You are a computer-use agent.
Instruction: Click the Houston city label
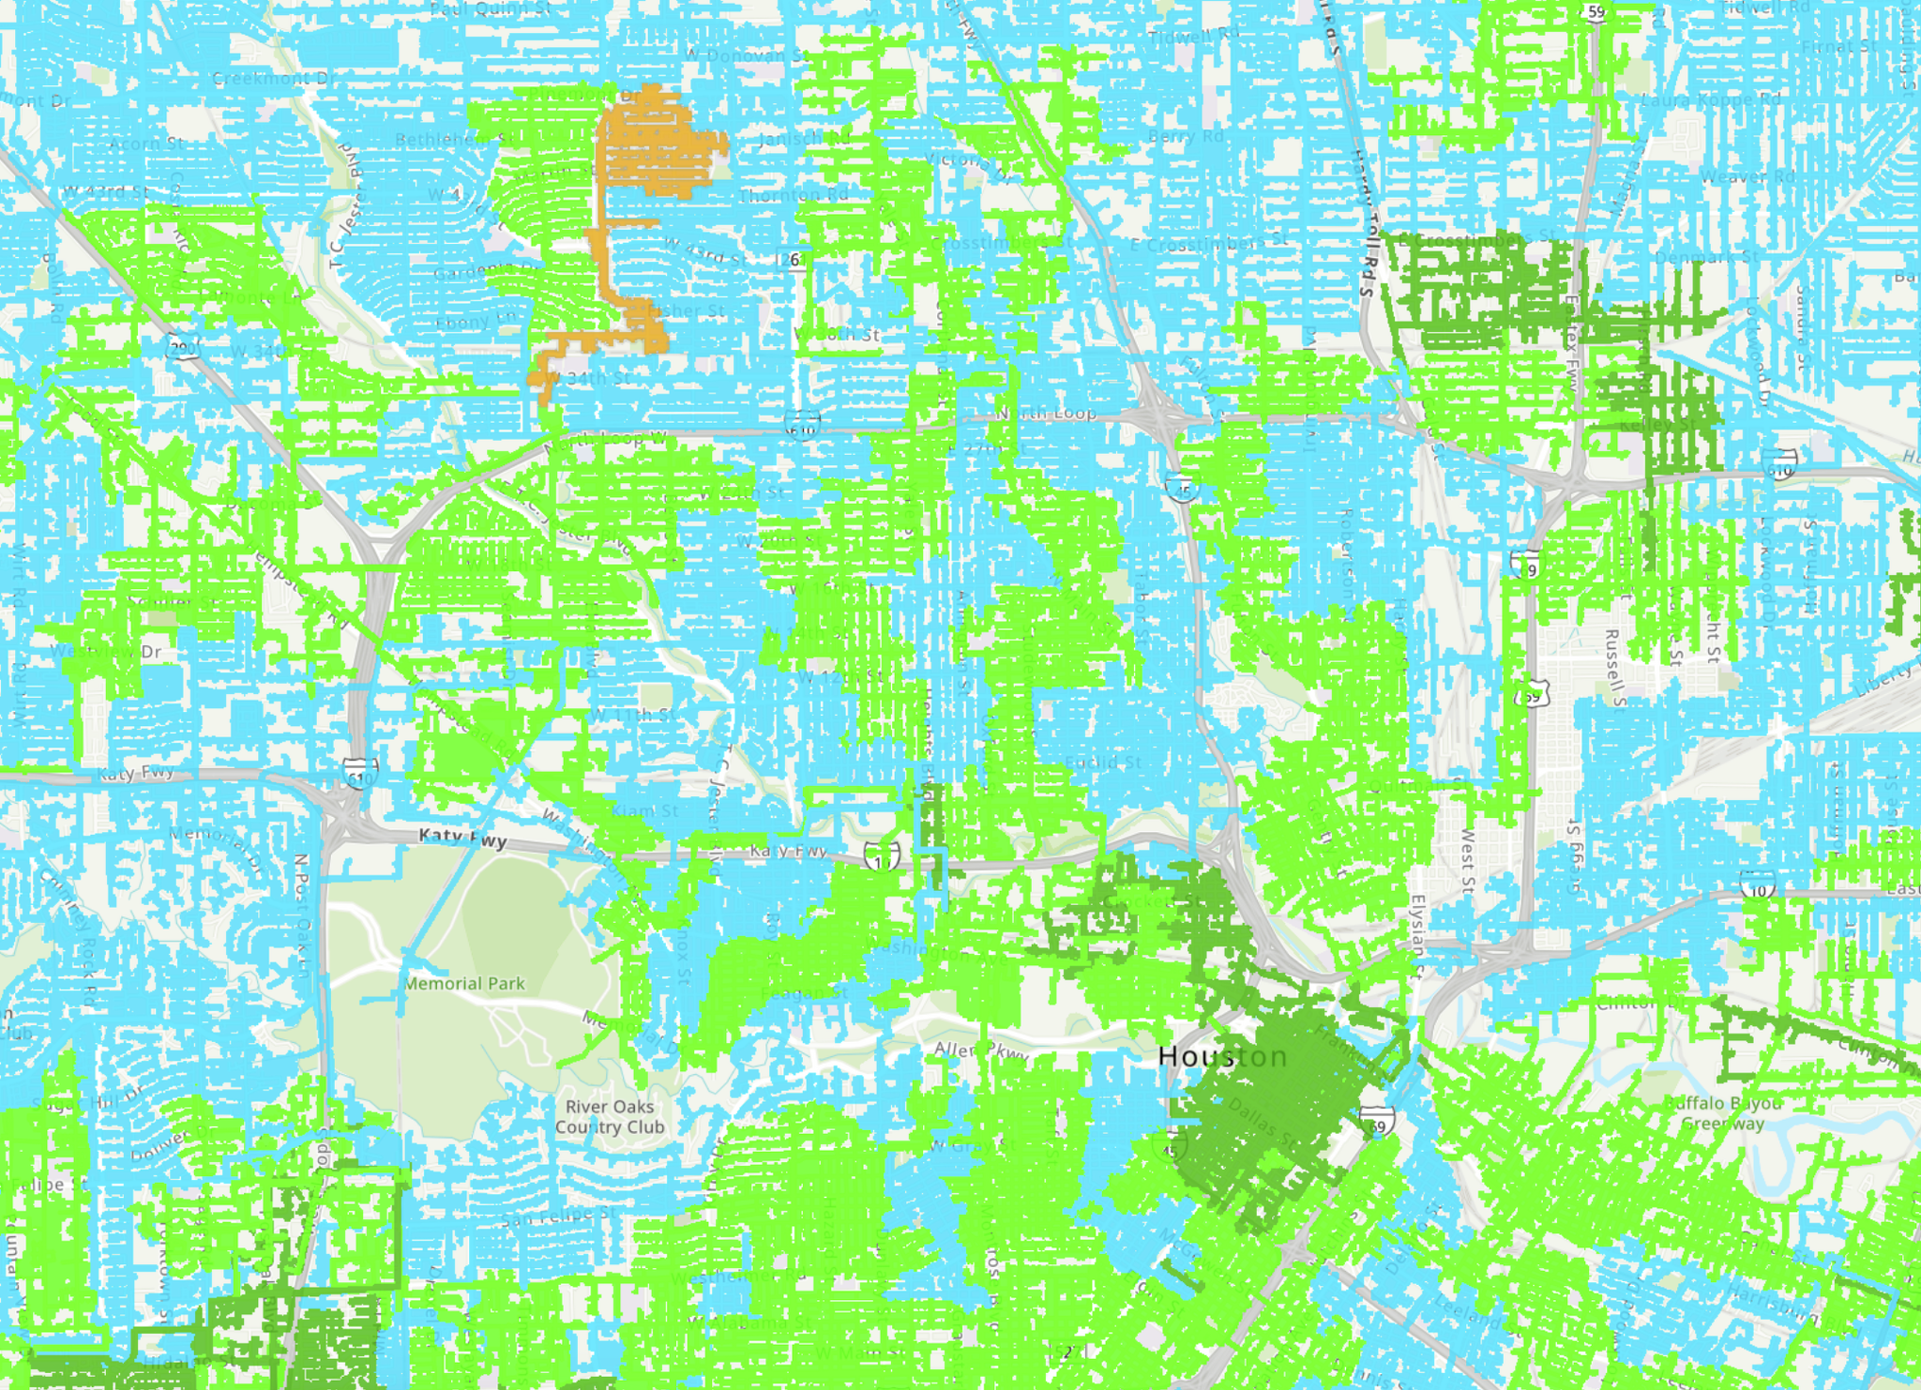(1223, 1056)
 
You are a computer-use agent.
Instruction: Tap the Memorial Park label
(465, 984)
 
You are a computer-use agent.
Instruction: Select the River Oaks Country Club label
(610, 1117)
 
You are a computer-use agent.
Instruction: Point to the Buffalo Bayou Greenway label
(1723, 1113)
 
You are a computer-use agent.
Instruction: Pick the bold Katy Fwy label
(463, 837)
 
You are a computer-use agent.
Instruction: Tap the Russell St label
(1613, 667)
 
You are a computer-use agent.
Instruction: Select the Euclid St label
(1103, 763)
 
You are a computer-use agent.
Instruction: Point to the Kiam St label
(644, 810)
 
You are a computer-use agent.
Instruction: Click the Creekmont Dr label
(274, 79)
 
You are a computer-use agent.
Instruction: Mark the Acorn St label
(147, 144)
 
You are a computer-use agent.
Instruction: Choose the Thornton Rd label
(793, 196)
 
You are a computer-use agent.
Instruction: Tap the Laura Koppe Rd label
(1711, 98)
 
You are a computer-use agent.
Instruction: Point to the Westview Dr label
(105, 651)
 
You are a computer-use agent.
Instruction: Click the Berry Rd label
(1186, 137)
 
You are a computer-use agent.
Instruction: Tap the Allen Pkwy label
(981, 1050)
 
